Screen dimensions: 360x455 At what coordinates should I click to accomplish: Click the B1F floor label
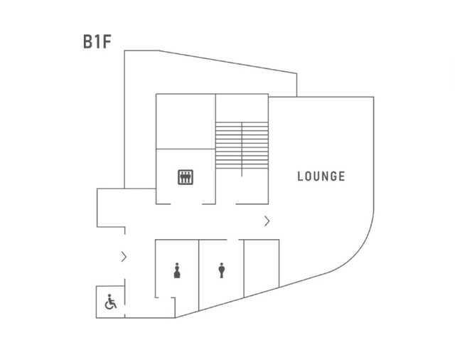(97, 41)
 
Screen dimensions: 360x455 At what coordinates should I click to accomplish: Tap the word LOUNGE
(321, 176)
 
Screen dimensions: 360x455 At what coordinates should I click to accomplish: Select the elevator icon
(186, 176)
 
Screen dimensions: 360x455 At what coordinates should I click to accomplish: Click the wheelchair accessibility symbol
(111, 302)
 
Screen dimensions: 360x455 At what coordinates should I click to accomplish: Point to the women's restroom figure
(177, 270)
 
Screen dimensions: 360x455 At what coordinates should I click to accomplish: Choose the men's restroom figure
(222, 270)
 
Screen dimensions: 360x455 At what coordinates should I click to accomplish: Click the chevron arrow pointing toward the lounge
(267, 221)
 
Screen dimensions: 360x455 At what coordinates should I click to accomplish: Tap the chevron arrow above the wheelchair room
(124, 257)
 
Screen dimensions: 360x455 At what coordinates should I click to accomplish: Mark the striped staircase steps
(242, 146)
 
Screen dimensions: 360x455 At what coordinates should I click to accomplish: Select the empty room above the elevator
(186, 121)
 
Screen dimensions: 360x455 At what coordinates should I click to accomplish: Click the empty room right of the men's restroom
(261, 267)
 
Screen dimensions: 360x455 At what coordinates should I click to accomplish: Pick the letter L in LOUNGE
(301, 176)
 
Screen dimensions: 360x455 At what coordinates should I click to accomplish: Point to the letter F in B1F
(107, 41)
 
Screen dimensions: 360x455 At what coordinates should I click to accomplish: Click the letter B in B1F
(88, 41)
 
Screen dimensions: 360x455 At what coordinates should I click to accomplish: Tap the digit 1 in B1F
(98, 41)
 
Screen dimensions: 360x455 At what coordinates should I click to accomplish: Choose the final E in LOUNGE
(341, 176)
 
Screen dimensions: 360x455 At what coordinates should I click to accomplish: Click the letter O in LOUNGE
(309, 176)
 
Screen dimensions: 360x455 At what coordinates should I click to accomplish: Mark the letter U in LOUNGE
(316, 176)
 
